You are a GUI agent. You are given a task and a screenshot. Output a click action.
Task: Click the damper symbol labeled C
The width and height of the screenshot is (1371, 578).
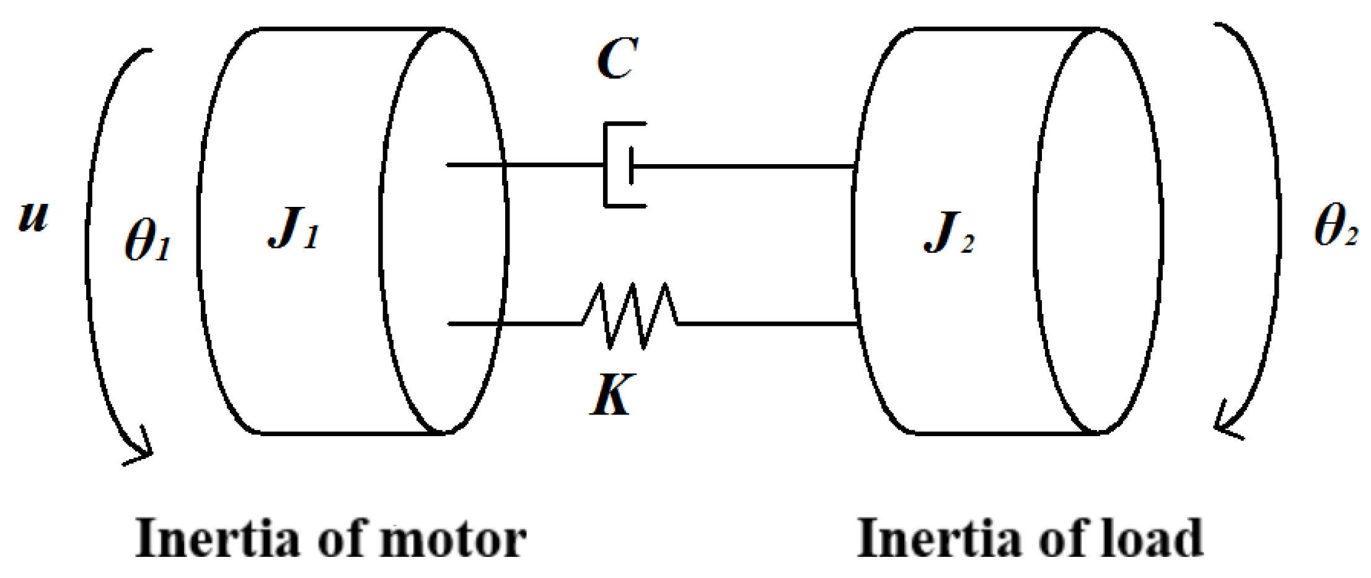(x=624, y=165)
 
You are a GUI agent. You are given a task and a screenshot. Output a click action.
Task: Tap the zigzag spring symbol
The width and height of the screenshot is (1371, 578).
(x=630, y=316)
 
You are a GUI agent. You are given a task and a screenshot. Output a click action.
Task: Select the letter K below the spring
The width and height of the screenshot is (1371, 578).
(x=611, y=395)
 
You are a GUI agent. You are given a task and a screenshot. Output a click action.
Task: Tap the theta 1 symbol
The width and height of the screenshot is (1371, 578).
(x=147, y=240)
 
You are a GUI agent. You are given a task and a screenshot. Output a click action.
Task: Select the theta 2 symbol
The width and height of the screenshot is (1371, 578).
(x=1335, y=226)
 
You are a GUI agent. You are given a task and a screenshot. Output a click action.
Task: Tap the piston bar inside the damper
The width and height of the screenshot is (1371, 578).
(x=631, y=165)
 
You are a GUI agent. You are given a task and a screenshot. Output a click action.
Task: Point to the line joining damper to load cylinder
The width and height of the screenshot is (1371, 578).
(x=744, y=166)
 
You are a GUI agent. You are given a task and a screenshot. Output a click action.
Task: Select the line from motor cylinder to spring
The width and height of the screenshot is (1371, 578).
(x=514, y=323)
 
